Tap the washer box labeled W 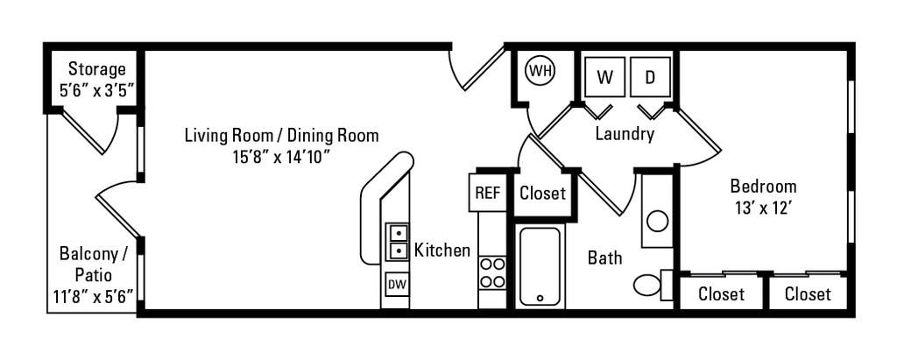pyautogui.click(x=604, y=76)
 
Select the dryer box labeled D pyautogui.click(x=651, y=76)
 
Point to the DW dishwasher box pyautogui.click(x=397, y=285)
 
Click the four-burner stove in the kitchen pyautogui.click(x=492, y=272)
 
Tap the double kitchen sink pyautogui.click(x=398, y=241)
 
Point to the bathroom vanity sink pyautogui.click(x=657, y=219)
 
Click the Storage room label pyautogui.click(x=96, y=68)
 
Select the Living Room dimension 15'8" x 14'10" pyautogui.click(x=281, y=158)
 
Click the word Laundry pyautogui.click(x=625, y=134)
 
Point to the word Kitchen pyautogui.click(x=442, y=251)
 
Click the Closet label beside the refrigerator pyautogui.click(x=542, y=194)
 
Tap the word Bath pyautogui.click(x=605, y=258)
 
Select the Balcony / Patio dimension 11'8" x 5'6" pyautogui.click(x=93, y=295)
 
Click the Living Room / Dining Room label pyautogui.click(x=281, y=136)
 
